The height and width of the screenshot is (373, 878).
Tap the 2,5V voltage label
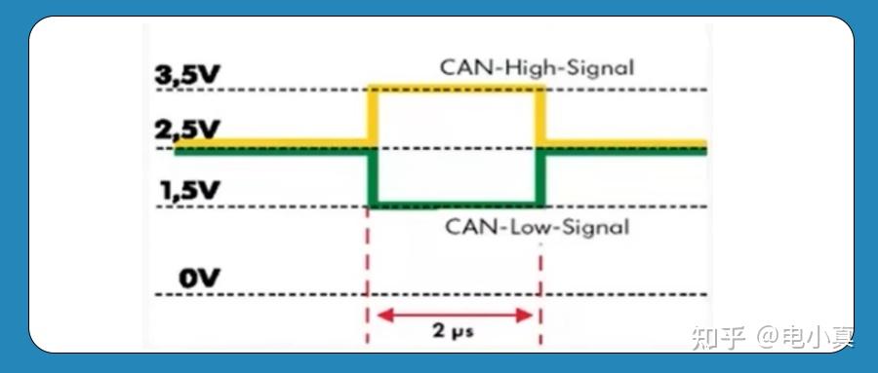(188, 131)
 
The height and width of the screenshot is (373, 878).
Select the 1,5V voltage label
(189, 190)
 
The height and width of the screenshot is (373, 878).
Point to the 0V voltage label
(199, 279)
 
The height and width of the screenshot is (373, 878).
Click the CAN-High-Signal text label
(537, 68)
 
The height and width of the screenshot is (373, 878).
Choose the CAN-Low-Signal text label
(538, 228)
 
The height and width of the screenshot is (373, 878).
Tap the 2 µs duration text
(453, 330)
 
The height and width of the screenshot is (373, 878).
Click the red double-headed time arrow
(455, 314)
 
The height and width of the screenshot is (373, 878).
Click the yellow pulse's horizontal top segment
(455, 90)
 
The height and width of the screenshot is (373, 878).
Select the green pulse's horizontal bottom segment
(455, 205)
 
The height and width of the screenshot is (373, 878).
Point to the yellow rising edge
(371, 117)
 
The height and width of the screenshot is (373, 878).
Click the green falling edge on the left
(372, 178)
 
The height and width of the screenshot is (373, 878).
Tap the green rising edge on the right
(539, 178)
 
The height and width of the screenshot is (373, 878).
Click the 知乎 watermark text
(719, 338)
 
